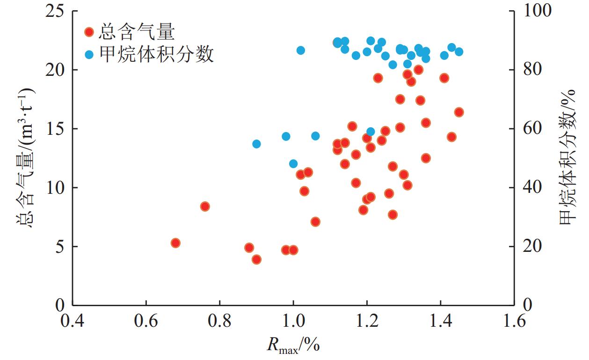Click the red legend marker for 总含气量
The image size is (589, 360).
pyautogui.click(x=89, y=32)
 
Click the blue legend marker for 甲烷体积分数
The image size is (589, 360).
pyautogui.click(x=89, y=55)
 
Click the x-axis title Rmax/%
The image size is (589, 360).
pyautogui.click(x=293, y=345)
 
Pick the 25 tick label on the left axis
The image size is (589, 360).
pyautogui.click(x=55, y=11)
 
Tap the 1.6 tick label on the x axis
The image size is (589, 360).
pyautogui.click(x=514, y=324)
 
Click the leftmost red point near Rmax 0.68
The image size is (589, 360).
pyautogui.click(x=175, y=242)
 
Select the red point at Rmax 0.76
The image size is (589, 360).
pyautogui.click(x=205, y=206)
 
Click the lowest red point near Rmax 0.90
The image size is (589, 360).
pyautogui.click(x=256, y=259)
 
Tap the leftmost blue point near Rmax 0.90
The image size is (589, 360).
pyautogui.click(x=256, y=144)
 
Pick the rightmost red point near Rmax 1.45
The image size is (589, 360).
pyautogui.click(x=459, y=112)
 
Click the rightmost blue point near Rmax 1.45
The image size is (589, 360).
pyautogui.click(x=459, y=51)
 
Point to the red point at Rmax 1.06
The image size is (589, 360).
pyautogui.click(x=315, y=221)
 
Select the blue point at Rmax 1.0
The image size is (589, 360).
pyautogui.click(x=293, y=164)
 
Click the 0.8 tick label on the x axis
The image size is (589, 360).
pyautogui.click(x=220, y=324)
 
